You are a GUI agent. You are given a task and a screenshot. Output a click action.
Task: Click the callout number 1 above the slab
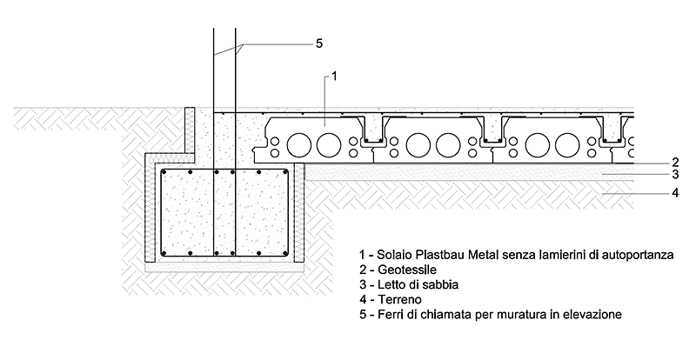click(335, 77)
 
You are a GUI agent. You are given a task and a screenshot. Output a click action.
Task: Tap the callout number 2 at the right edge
click(674, 163)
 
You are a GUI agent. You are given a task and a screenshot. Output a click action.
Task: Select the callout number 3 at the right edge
click(674, 176)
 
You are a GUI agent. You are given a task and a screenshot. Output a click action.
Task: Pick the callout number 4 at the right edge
click(674, 192)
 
